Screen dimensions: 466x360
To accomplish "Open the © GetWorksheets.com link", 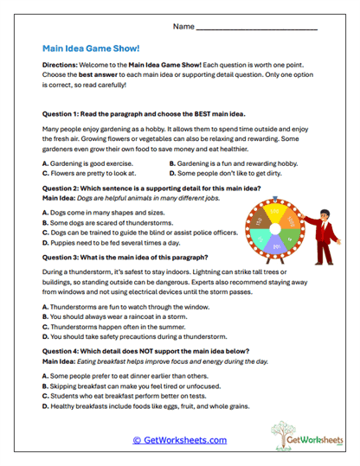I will pos(180,440).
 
